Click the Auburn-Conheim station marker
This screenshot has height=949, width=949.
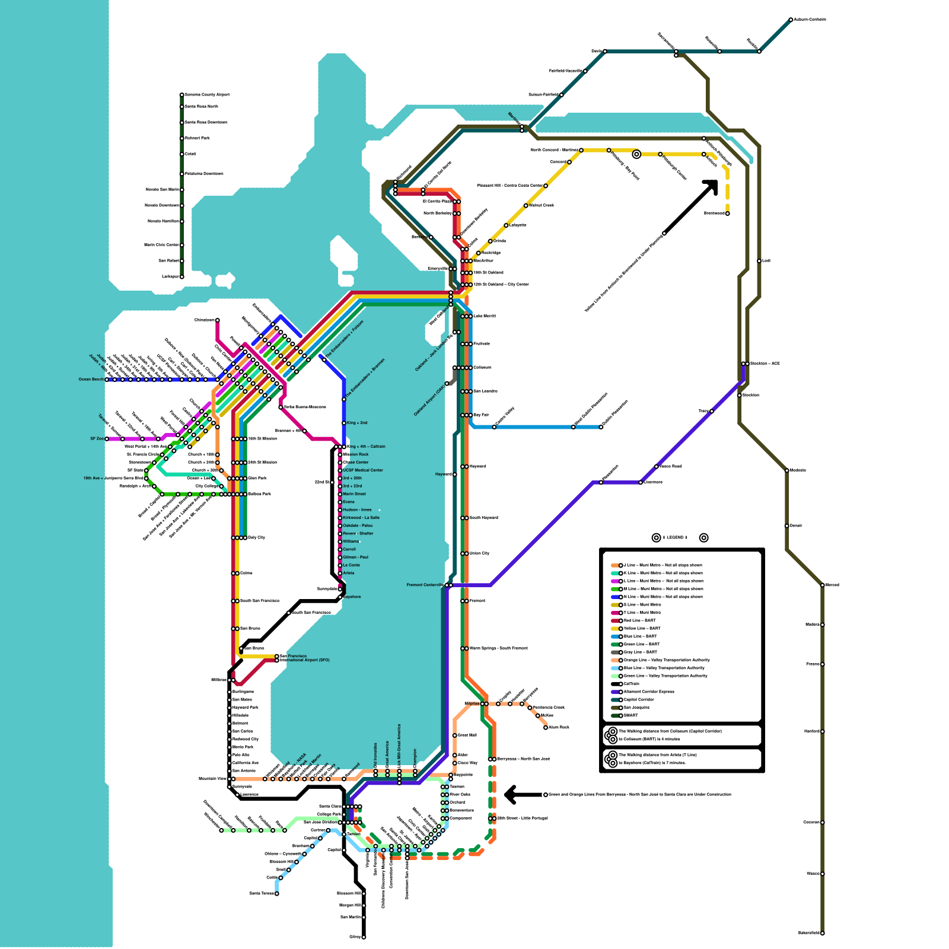coord(791,20)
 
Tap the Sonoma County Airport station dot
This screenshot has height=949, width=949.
coord(182,95)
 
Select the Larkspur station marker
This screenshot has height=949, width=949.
coord(182,276)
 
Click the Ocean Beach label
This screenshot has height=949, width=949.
coord(91,380)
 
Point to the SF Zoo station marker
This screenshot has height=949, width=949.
coord(107,439)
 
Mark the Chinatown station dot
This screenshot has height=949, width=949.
coord(217,320)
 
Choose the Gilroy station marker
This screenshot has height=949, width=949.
coord(364,937)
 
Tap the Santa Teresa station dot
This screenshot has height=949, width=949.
coord(276,893)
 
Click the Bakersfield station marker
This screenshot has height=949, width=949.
coord(822,933)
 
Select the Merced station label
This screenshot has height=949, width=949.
coord(832,585)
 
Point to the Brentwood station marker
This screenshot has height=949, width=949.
coord(727,214)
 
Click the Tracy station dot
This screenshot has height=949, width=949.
coord(711,411)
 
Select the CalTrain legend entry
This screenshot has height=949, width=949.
coord(631,684)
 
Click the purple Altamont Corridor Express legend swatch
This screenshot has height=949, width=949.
coord(616,692)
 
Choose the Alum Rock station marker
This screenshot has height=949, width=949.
coord(546,727)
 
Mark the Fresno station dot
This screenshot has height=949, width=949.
coord(822,664)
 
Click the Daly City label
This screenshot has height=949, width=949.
coord(257,537)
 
